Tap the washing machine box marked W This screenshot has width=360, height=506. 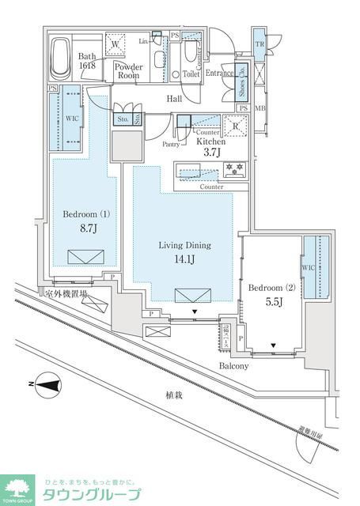[x=116, y=44]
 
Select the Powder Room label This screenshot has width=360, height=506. [x=128, y=72]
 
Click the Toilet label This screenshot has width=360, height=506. [x=191, y=73]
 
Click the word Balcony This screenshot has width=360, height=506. [x=234, y=366]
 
